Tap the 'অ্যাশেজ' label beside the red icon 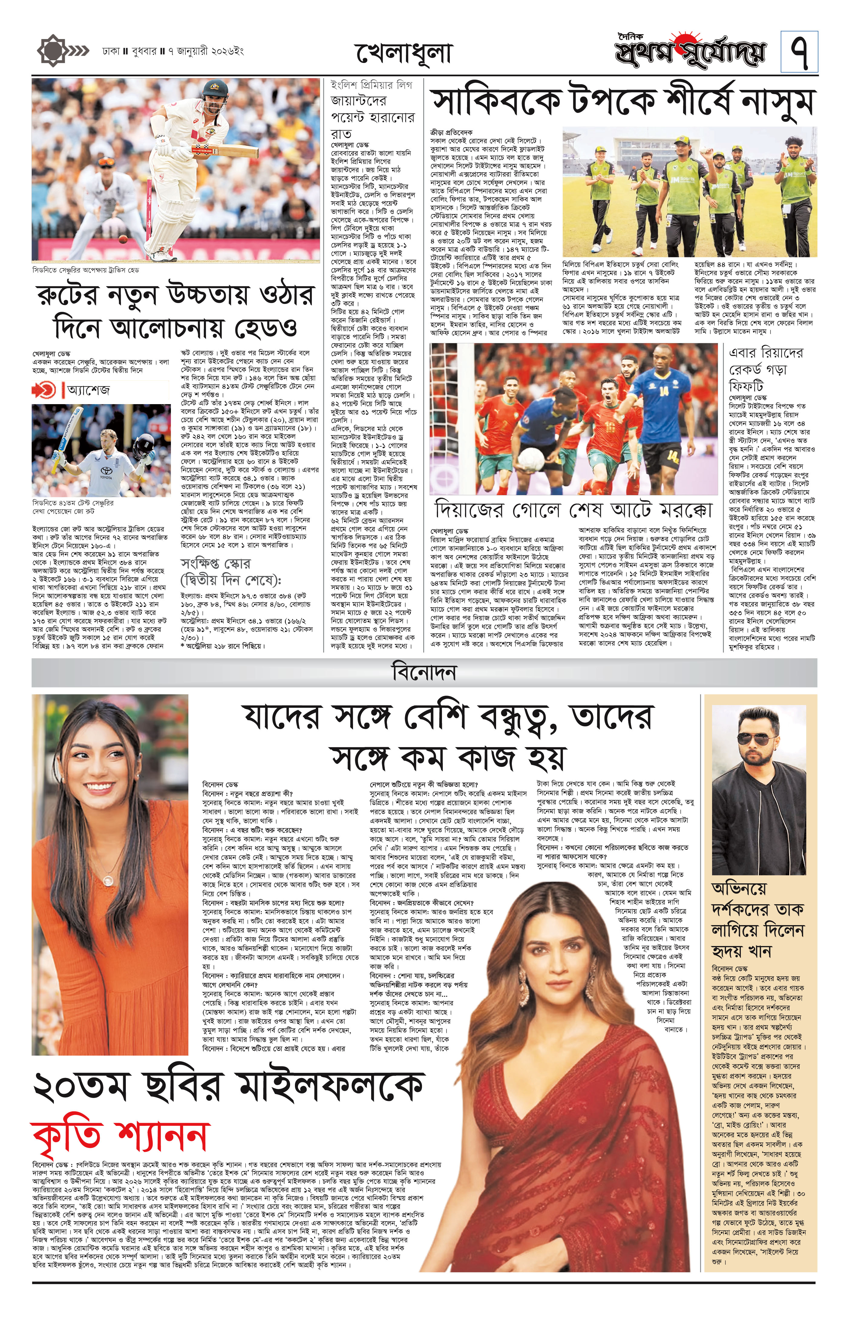tap(88, 389)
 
